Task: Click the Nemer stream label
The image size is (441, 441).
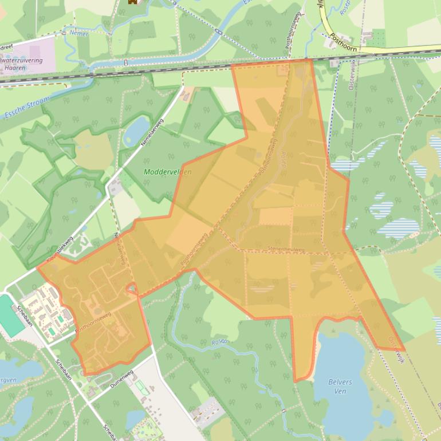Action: [x=79, y=34]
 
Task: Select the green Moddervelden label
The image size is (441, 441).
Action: [x=167, y=172]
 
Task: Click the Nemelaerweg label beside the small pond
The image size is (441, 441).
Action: [x=152, y=132]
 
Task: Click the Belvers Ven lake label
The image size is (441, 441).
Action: [x=340, y=387]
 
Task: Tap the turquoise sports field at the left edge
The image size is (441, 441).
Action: [x=10, y=315]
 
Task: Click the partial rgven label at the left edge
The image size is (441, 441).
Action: [x=8, y=380]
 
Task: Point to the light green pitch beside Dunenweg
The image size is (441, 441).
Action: [x=140, y=387]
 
